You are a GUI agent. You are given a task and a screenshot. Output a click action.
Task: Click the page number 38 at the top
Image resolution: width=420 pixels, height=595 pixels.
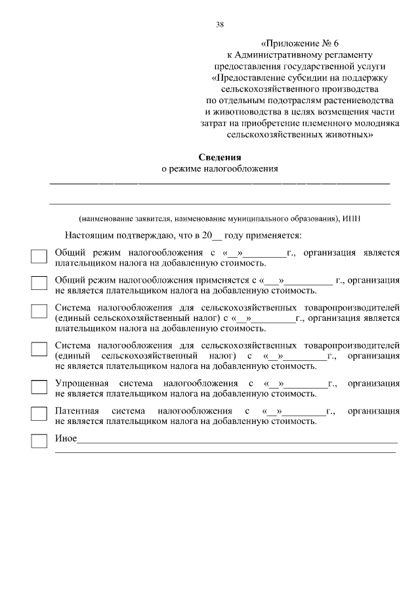220,25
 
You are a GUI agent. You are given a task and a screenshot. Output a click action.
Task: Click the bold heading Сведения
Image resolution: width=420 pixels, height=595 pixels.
220,157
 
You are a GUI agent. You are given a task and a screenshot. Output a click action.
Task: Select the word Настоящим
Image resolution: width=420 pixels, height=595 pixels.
88,235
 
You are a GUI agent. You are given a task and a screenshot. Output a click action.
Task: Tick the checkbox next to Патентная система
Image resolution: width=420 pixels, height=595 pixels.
39,414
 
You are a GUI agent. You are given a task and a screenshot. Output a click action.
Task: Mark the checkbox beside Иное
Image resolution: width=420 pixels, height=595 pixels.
39,441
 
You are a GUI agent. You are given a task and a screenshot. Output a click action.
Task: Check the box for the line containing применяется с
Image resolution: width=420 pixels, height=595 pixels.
39,283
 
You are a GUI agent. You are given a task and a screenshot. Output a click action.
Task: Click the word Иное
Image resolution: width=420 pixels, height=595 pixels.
66,439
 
